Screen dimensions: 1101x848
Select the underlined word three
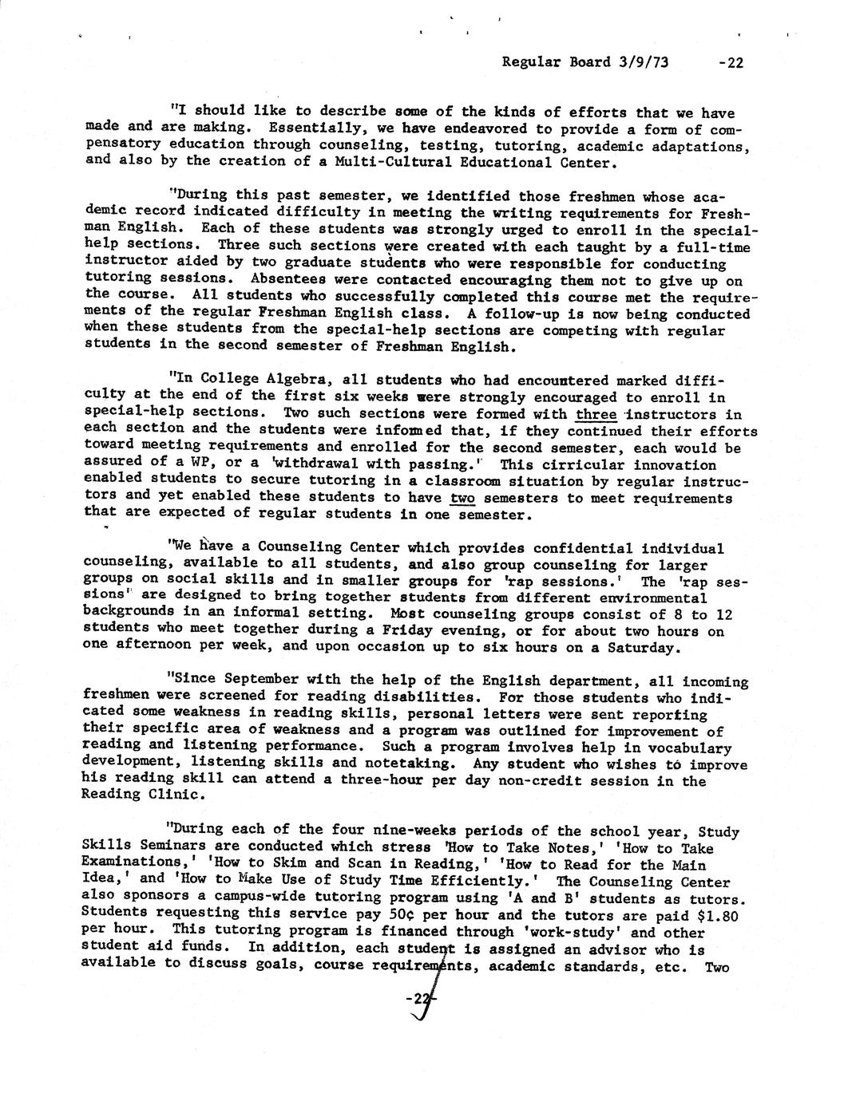coord(596,414)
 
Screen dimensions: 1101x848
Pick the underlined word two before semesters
coord(462,499)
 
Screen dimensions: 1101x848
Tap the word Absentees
coord(284,279)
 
